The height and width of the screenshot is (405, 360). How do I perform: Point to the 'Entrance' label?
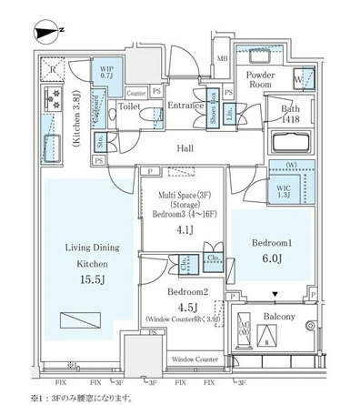point(186,106)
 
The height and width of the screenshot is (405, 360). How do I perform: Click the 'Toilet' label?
point(128,106)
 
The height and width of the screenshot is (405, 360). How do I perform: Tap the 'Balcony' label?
point(281,316)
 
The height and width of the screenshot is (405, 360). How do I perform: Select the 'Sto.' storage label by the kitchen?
point(101,143)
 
